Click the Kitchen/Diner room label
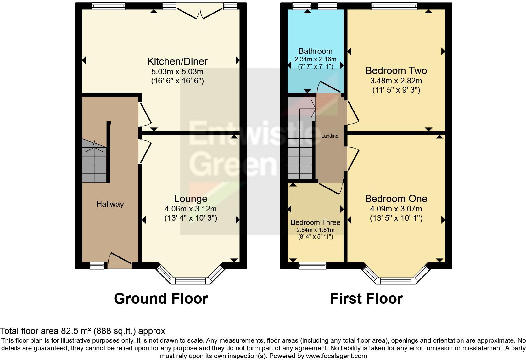177,61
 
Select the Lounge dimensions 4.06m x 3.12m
190,209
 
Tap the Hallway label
110,204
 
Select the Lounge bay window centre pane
191,280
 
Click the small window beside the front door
97,266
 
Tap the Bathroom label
315,51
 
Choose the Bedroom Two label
396,70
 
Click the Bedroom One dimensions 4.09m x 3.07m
396,209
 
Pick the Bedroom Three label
315,222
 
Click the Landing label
330,136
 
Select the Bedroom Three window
312,266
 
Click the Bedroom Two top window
394,6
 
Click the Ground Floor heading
161,299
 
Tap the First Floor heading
366,299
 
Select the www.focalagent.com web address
336,356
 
